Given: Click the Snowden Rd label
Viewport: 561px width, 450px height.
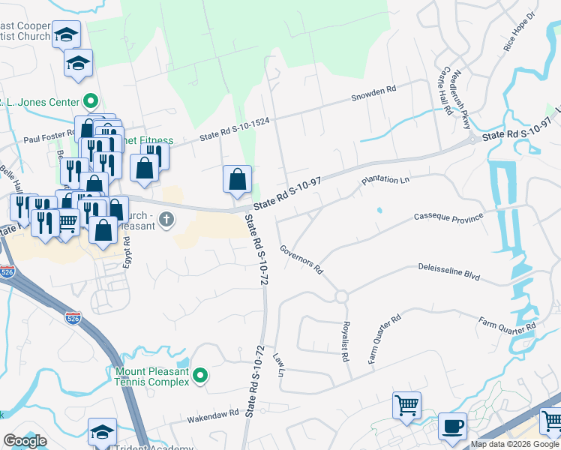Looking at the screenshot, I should pos(373,91).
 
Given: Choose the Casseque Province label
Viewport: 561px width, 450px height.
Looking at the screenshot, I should pos(448,217).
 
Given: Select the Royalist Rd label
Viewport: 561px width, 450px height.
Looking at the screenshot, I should pos(346,341).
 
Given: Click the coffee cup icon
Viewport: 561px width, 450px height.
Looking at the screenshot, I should pos(452,426).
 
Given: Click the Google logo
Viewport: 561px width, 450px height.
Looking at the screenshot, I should pos(25,441).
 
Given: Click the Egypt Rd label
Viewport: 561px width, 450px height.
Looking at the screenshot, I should pos(127,253).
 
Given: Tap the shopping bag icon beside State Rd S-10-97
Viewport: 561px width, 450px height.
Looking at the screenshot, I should pos(237,180).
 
